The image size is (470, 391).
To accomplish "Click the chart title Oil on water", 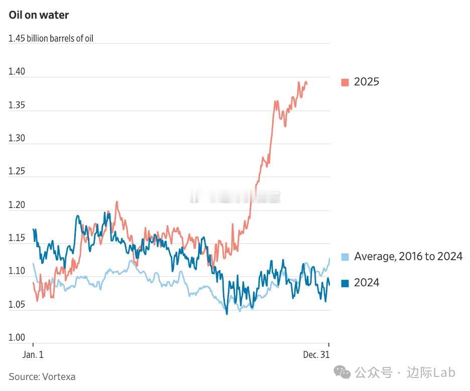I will (39, 15).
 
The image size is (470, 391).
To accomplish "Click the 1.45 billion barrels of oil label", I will (51, 39).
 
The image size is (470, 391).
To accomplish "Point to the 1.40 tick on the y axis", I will (17, 72).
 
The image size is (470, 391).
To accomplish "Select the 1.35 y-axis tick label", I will (17, 105).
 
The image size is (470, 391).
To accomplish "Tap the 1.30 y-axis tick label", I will (17, 138).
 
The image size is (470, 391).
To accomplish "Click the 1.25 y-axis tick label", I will (17, 171).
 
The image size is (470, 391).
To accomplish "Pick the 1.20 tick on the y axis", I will (17, 205).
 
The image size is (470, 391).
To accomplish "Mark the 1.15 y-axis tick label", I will (17, 238).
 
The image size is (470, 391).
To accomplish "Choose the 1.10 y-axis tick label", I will (17, 271).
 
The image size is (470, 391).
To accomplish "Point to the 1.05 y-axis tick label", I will (17, 304).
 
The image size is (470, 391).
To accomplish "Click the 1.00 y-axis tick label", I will (17, 337).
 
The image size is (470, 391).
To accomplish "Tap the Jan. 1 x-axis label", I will (33, 354).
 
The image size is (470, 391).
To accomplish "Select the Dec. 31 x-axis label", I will (316, 354).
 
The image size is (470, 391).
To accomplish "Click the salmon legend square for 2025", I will (345, 82).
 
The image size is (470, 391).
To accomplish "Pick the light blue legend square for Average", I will (345, 257).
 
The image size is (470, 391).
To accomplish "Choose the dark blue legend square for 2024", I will (345, 283).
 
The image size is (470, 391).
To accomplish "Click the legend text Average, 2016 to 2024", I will (408, 257).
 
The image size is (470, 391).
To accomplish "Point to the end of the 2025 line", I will (307, 83).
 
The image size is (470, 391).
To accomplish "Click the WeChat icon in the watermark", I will (343, 372).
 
